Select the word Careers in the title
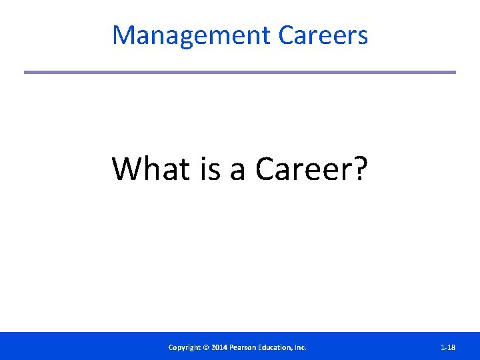pyautogui.click(x=323, y=35)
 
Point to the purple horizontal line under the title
pyautogui.click(x=240, y=72)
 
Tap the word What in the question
pyautogui.click(x=151, y=169)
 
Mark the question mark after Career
pyautogui.click(x=359, y=169)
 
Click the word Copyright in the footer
pyautogui.click(x=185, y=347)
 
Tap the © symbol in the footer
pyautogui.click(x=207, y=347)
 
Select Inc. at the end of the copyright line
pyautogui.click(x=301, y=347)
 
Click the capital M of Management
pyautogui.click(x=123, y=35)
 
